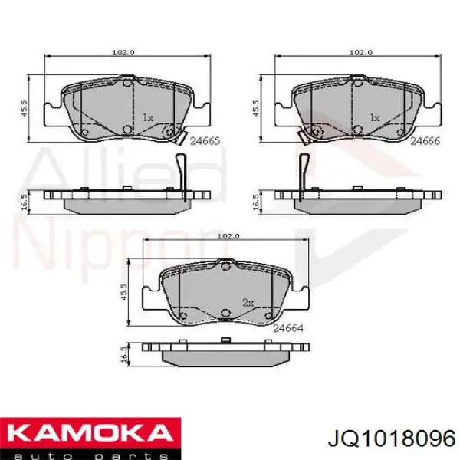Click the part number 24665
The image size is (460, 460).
pos(205,141)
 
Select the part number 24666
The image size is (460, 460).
pos(425,141)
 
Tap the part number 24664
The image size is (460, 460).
pos(288,328)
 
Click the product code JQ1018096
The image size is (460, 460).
pos(392,439)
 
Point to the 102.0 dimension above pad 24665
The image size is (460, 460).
pos(123,52)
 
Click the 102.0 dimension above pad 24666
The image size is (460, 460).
pos(361,52)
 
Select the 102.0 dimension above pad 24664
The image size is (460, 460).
pos(228,236)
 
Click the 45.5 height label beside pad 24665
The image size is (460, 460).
pos(24,107)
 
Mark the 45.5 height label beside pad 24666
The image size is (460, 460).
pos(256,108)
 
